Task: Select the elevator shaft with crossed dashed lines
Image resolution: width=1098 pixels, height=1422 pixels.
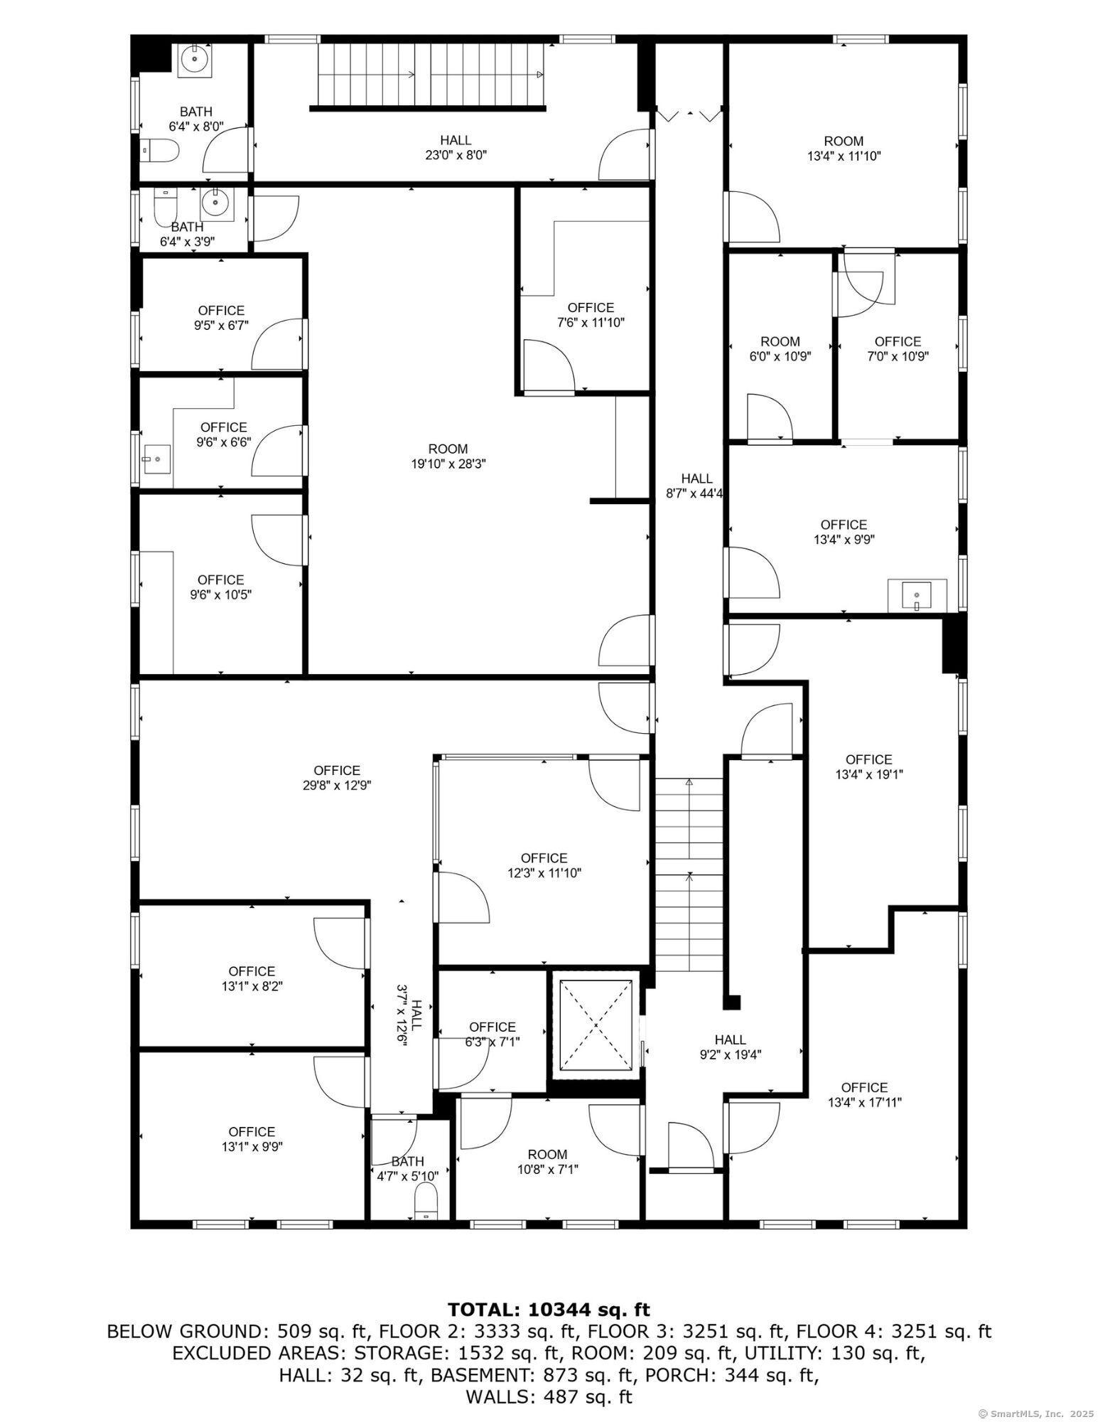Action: click(596, 1024)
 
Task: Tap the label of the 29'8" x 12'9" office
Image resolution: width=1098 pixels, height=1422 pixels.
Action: click(337, 778)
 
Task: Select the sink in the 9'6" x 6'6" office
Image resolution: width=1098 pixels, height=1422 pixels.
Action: click(156, 460)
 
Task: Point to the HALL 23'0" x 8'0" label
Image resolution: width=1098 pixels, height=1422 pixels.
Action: click(456, 147)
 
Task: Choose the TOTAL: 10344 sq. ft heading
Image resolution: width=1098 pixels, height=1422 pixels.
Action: click(549, 1310)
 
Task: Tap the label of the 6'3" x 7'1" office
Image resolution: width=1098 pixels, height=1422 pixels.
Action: click(493, 1035)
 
